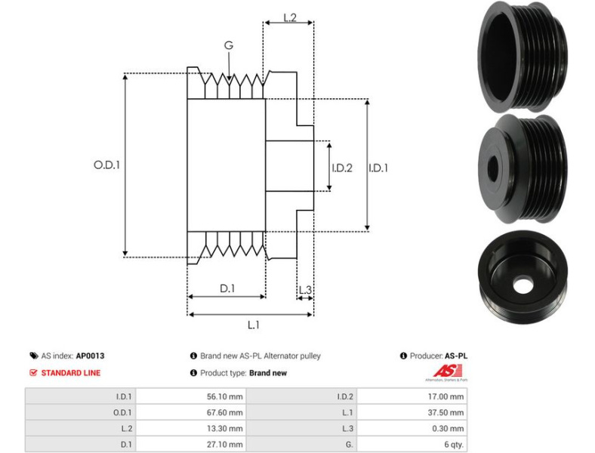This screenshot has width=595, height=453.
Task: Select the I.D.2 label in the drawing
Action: [x=342, y=168]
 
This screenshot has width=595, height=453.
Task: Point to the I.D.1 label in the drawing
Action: [x=378, y=168]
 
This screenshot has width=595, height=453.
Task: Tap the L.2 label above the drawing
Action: [x=289, y=17]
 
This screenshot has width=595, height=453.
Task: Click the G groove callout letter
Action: [x=228, y=45]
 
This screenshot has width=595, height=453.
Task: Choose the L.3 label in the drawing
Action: [x=305, y=290]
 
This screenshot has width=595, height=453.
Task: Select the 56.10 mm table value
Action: [x=227, y=396]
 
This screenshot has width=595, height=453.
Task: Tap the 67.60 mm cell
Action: [x=227, y=412]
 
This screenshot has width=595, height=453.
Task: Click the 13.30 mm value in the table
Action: [x=227, y=428]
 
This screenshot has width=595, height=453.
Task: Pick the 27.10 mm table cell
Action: [x=227, y=445]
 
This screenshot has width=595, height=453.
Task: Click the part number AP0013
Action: [x=90, y=356]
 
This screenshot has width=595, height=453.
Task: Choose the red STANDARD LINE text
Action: [x=70, y=372]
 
